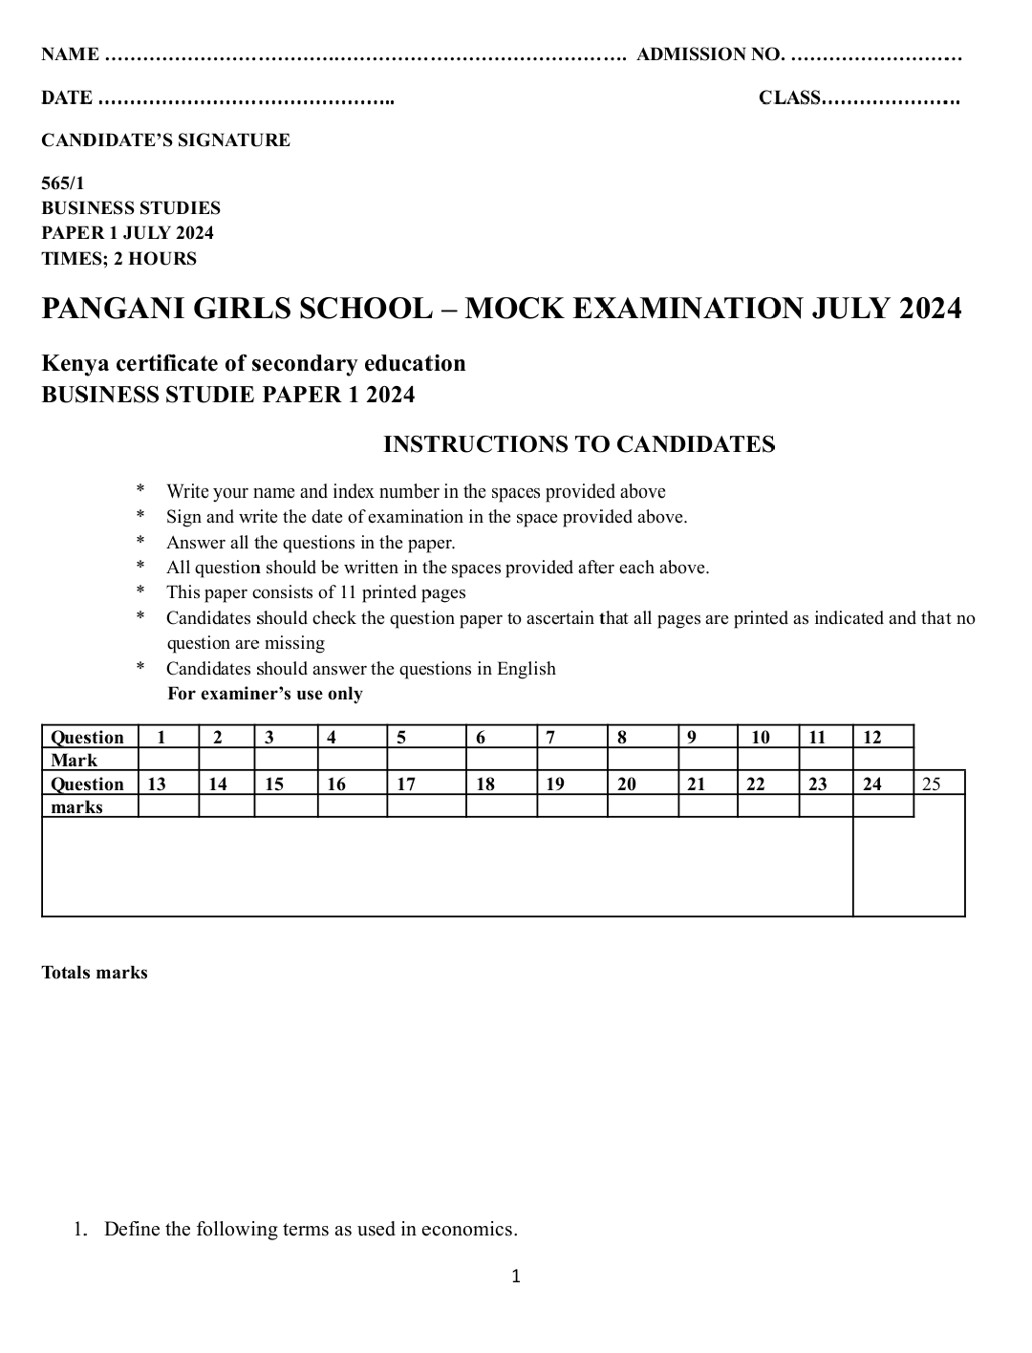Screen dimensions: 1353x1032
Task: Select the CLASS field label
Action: (x=790, y=97)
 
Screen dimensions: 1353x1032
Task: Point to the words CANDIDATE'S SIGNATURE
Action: (x=165, y=140)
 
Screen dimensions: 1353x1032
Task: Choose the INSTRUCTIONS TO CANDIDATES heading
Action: (x=578, y=444)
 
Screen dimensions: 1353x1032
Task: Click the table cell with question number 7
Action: (x=571, y=737)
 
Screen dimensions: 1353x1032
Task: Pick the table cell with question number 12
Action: (x=883, y=737)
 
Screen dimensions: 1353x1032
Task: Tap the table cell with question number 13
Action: (x=168, y=784)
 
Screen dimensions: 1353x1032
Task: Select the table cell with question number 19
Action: (x=571, y=784)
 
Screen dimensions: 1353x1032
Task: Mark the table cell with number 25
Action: (x=939, y=784)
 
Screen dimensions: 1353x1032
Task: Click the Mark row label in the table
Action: (x=75, y=761)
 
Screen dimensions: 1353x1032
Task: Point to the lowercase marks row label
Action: (x=76, y=807)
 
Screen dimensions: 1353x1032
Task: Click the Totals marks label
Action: (x=95, y=973)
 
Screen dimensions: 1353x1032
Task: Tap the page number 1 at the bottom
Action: (x=516, y=1277)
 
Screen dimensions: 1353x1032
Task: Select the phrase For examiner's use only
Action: (x=265, y=694)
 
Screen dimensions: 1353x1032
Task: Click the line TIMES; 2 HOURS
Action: (x=118, y=259)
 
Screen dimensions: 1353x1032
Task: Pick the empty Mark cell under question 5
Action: (x=426, y=760)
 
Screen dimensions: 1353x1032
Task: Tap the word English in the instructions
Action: (x=526, y=669)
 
